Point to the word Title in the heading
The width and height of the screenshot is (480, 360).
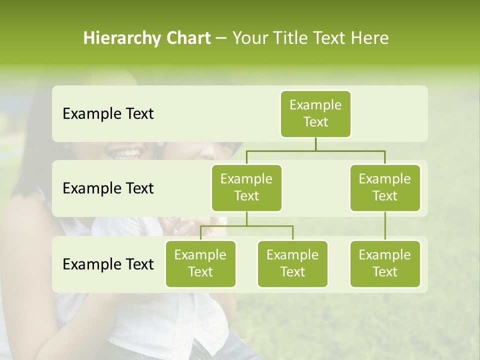290,38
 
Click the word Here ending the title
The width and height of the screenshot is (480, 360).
370,38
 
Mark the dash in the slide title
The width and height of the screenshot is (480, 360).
221,38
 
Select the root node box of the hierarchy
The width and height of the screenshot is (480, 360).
315,113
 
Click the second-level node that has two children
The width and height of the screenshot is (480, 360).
246,187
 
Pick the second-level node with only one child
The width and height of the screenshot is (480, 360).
385,187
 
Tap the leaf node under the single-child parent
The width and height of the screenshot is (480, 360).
385,263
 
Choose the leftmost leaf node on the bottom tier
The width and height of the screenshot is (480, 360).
200,263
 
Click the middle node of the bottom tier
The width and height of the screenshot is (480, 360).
292,263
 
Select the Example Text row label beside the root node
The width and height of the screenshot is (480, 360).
108,114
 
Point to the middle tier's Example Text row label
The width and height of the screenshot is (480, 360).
108,188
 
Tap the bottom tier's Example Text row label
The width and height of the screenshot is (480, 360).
108,264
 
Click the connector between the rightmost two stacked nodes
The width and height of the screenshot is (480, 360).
385,226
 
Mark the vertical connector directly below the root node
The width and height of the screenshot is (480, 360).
315,144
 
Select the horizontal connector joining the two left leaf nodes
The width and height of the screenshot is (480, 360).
246,226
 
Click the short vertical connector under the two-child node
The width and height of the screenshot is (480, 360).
246,218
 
